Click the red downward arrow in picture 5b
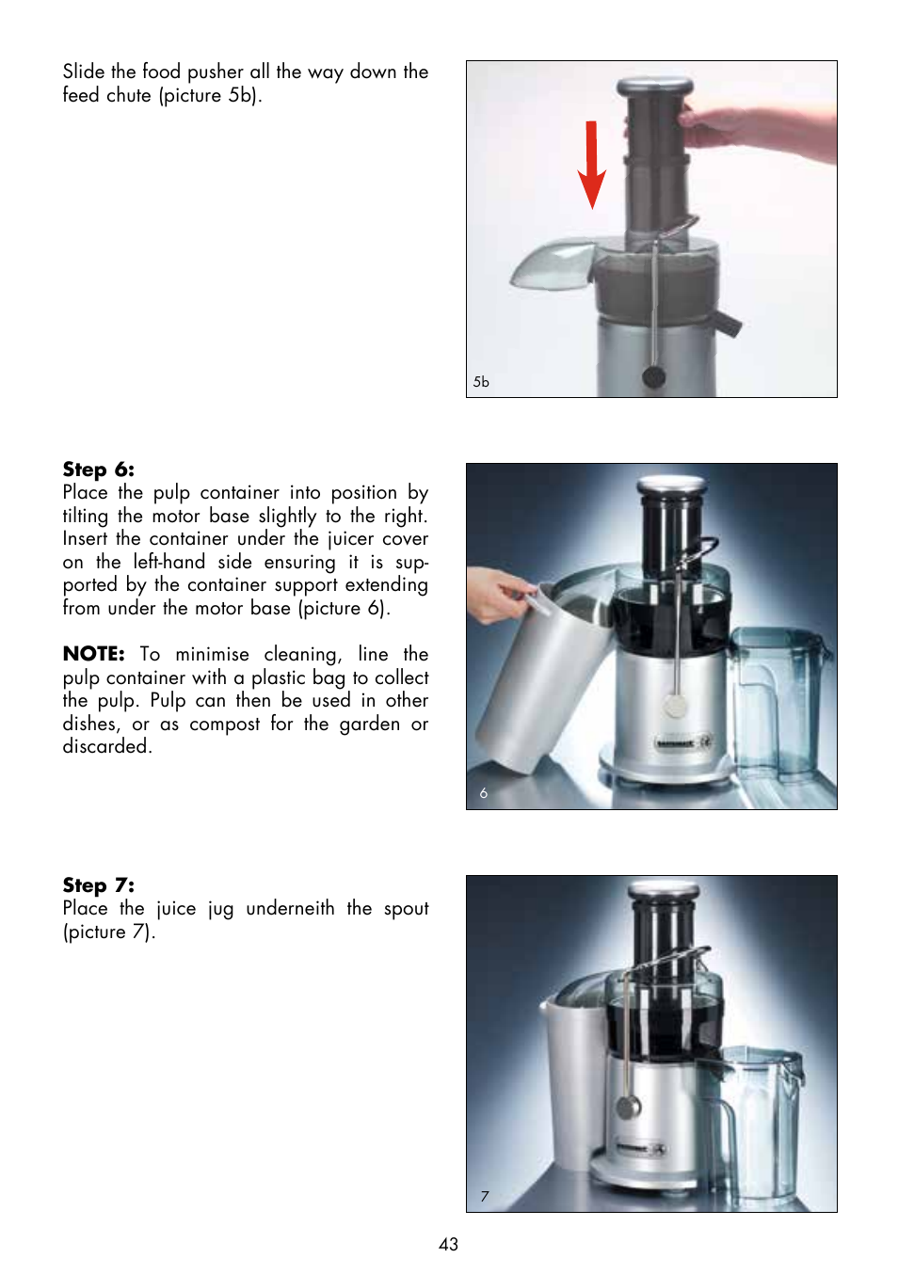(x=591, y=165)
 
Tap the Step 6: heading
(x=98, y=470)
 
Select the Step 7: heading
(x=98, y=885)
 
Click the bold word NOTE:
(x=93, y=654)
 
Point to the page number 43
(x=448, y=1244)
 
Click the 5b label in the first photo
(x=481, y=382)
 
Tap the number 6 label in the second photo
(x=484, y=793)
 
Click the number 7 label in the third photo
(x=485, y=1196)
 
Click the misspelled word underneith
(x=290, y=909)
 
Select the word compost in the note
(x=224, y=725)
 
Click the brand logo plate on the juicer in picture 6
(x=682, y=743)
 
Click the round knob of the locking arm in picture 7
(x=628, y=1107)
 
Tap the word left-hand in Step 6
(x=168, y=563)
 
